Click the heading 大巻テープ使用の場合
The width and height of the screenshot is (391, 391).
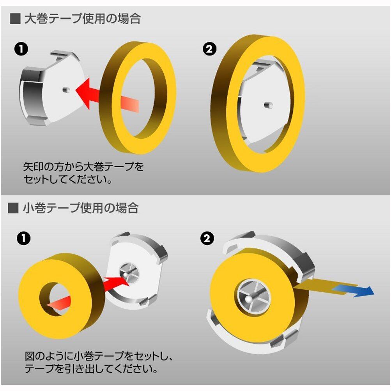tap(83, 19)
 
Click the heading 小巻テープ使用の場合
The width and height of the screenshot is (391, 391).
tap(81, 208)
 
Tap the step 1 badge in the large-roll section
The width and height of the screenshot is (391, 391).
tap(21, 49)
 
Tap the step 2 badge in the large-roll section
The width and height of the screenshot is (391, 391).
tap(209, 49)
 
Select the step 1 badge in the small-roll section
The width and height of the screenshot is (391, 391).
tap(24, 239)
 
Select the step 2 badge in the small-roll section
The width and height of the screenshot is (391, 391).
tap(207, 239)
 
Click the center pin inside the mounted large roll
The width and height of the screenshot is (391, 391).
tap(268, 105)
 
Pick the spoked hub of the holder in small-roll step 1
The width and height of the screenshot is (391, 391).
tap(129, 273)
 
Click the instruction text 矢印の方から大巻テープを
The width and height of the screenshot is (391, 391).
tap(83, 166)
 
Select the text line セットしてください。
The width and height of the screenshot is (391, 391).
tap(67, 179)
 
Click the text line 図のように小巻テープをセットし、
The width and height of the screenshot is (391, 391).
tap(99, 356)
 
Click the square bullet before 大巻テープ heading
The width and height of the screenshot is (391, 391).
tap(15, 19)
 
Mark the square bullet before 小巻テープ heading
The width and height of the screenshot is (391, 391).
tap(13, 208)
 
